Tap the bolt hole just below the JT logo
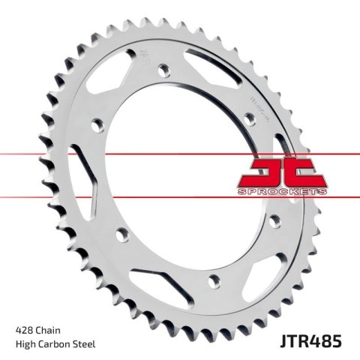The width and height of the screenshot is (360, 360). click(x=273, y=219)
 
